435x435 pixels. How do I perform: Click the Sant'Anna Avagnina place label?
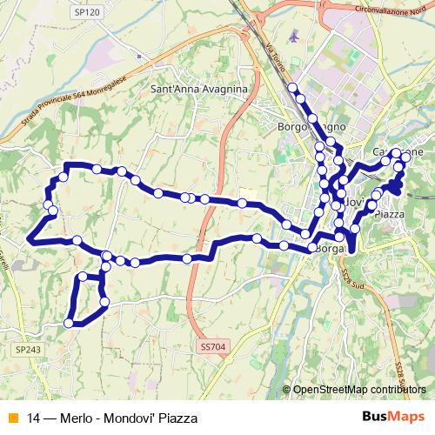click(x=199, y=90)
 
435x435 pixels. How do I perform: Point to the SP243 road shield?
click(x=26, y=349)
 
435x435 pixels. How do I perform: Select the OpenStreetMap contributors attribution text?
click(x=361, y=390)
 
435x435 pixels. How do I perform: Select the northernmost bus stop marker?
click(x=292, y=87)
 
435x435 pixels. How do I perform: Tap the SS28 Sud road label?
click(x=351, y=276)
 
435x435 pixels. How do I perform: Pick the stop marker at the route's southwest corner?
click(x=67, y=323)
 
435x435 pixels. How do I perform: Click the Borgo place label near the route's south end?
click(x=331, y=249)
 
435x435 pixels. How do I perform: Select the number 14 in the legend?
click(x=33, y=418)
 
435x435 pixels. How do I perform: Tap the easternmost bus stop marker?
click(x=408, y=153)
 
